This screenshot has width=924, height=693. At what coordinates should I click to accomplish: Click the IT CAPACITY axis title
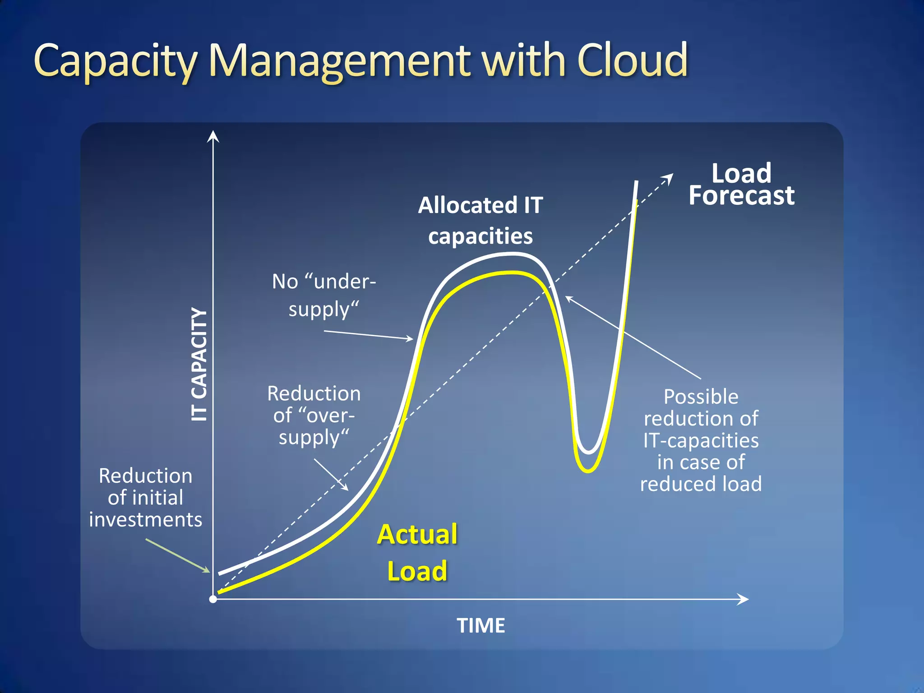[x=199, y=365]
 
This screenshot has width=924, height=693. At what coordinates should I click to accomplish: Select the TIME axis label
[x=481, y=626]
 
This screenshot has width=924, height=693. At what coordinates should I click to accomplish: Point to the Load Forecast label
[x=741, y=185]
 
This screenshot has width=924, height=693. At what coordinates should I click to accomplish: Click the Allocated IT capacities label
[x=480, y=221]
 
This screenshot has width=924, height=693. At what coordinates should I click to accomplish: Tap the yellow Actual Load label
[x=417, y=553]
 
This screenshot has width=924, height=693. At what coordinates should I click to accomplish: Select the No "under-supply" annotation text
[x=324, y=296]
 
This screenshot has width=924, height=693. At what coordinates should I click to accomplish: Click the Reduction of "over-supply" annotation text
[x=314, y=415]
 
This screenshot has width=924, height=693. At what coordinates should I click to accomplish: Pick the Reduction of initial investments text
[x=145, y=498]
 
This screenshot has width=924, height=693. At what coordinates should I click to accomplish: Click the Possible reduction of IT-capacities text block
[x=701, y=440]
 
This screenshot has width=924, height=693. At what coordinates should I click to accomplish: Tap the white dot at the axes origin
[x=213, y=599]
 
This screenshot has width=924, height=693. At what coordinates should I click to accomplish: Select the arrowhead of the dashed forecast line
[x=670, y=177]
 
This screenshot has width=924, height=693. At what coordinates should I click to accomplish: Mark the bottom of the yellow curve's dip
[x=588, y=471]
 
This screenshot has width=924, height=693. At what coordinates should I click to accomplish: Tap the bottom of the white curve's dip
[x=588, y=452]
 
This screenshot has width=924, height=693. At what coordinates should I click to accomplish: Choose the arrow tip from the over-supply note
[x=346, y=489]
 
